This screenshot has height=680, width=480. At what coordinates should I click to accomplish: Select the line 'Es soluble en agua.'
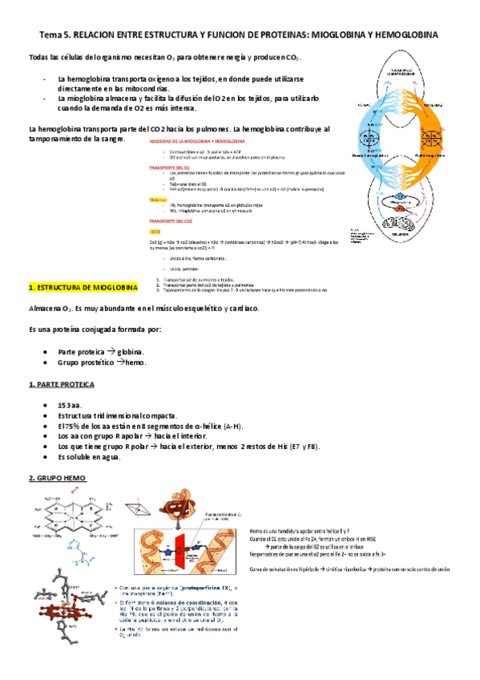coord(90,457)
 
